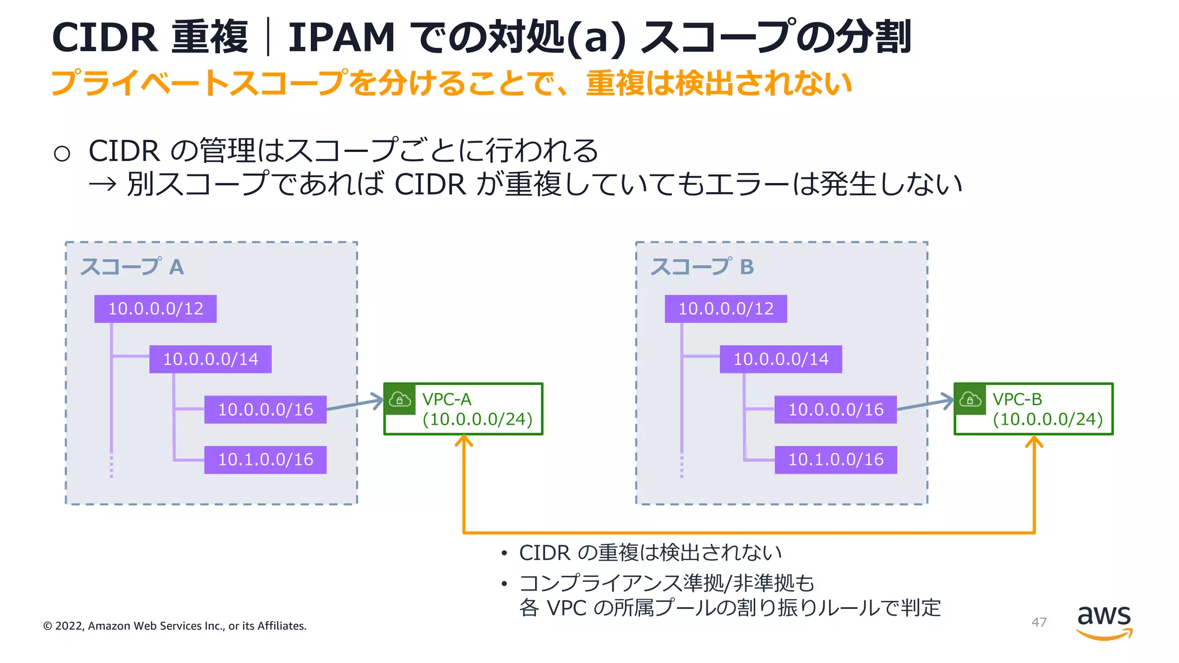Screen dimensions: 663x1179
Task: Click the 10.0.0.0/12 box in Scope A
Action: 155,309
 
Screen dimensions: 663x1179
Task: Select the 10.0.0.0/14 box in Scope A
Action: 210,359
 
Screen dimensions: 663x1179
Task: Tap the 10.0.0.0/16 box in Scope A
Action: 265,410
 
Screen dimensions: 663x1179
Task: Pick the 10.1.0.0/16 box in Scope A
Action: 265,460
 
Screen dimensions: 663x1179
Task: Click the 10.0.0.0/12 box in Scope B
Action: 725,309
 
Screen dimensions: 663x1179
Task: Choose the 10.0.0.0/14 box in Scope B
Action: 781,359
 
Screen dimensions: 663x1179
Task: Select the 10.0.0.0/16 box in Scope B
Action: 835,410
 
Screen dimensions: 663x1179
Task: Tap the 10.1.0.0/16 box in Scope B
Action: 835,460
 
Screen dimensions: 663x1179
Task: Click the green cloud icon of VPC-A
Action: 400,399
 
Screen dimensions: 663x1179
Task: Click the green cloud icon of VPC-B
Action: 970,399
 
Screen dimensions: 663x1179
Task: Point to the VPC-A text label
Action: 447,399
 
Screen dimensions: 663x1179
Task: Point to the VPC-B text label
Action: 1017,399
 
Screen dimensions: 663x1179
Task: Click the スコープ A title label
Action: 132,267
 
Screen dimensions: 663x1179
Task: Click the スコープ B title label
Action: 702,267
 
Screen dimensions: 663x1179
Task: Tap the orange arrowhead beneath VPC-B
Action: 1034,442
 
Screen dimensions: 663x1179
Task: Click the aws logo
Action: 1104,622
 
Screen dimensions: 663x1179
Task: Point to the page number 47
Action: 1039,622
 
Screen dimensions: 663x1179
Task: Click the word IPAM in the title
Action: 341,38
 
